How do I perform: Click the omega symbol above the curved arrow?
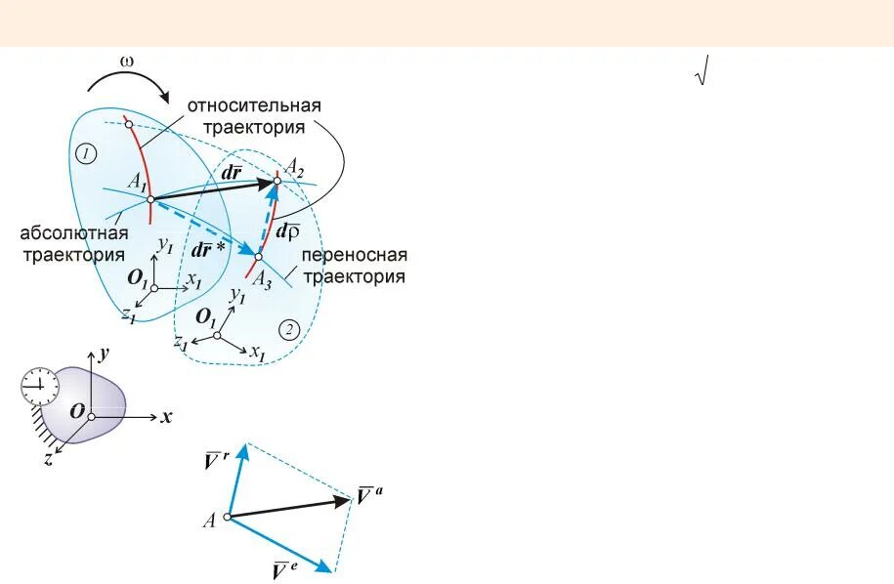(127, 62)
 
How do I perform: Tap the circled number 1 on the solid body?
(87, 153)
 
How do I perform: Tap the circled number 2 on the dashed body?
(289, 328)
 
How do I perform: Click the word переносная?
(354, 256)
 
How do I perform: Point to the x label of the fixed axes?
(167, 417)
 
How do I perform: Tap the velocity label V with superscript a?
(368, 495)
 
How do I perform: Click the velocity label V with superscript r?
(218, 458)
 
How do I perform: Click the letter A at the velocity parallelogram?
(209, 521)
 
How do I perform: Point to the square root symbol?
(700, 73)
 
